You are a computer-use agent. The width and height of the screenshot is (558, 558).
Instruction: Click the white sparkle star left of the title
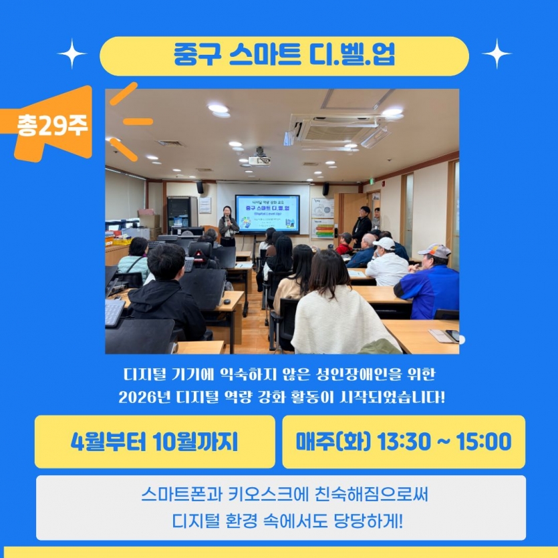tap(72, 53)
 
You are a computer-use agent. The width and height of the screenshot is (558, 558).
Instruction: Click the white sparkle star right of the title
tap(496, 53)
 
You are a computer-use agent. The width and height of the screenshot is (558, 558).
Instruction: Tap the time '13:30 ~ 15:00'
tap(444, 442)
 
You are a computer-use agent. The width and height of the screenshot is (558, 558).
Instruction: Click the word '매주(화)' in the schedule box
tap(333, 442)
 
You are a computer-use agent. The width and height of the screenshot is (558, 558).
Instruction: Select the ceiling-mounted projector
tap(259, 160)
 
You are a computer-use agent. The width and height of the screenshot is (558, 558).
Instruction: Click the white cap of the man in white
tap(384, 243)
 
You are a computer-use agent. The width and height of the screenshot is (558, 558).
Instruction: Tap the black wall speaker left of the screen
tap(200, 188)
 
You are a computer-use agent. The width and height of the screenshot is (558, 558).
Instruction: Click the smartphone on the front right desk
tap(452, 335)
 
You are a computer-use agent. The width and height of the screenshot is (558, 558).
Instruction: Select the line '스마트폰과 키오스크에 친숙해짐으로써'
tap(284, 496)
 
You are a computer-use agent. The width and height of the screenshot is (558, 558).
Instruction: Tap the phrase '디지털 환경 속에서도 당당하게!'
tap(284, 519)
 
